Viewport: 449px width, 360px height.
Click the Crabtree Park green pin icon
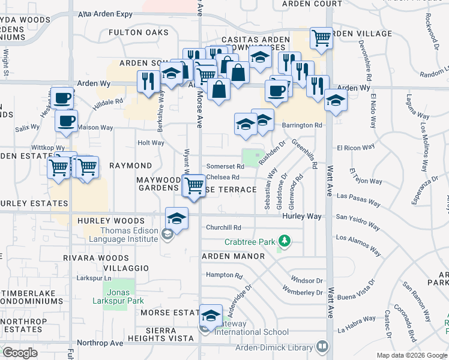tap(285, 242)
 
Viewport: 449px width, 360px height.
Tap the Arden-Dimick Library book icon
tap(322, 347)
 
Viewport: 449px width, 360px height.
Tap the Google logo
tap(20, 352)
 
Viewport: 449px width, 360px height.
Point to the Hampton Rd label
tap(223, 276)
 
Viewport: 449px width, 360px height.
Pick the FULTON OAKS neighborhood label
tap(139, 32)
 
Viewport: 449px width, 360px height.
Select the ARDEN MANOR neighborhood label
tap(233, 256)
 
